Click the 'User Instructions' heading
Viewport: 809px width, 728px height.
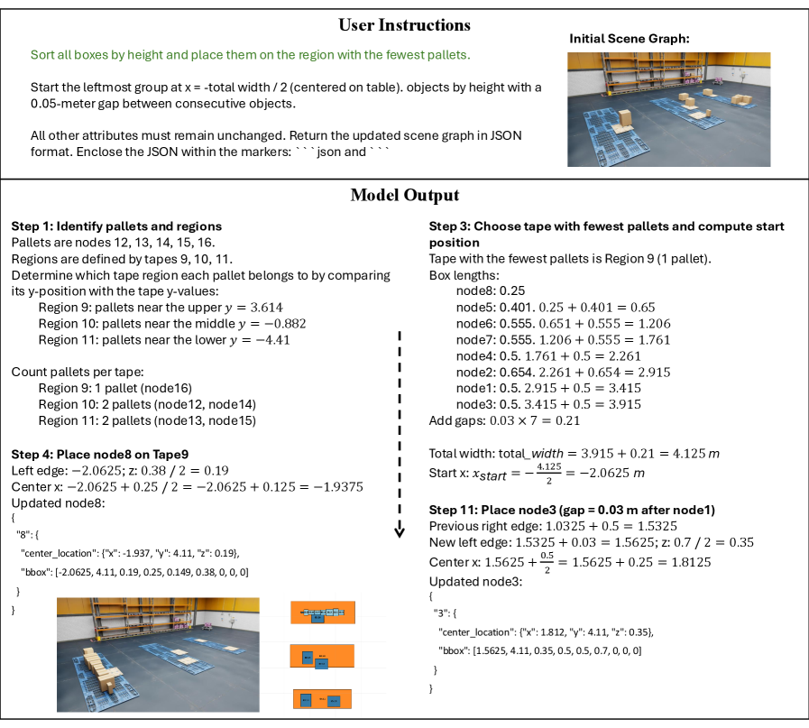tap(404, 24)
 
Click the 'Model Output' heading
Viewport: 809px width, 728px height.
tap(404, 195)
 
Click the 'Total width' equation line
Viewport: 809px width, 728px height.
tap(574, 452)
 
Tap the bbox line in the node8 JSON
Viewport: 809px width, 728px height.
tap(134, 572)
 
